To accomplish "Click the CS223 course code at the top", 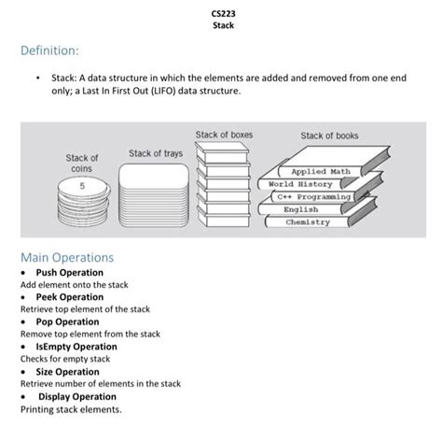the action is (221, 14).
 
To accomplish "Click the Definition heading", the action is (49, 48).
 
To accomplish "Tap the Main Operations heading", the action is (66, 257).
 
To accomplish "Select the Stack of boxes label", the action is (224, 136).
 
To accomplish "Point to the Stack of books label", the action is (329, 136).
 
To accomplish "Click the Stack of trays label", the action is (156, 152).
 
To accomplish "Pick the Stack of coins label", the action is (81, 164).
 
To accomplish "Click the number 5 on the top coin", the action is (81, 186).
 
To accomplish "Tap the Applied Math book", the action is (321, 172).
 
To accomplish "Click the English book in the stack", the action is (301, 209).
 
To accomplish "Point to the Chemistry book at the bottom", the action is (308, 222).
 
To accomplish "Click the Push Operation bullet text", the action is (69, 273).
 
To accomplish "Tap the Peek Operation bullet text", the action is (69, 297).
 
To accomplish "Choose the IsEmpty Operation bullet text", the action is (76, 347).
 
